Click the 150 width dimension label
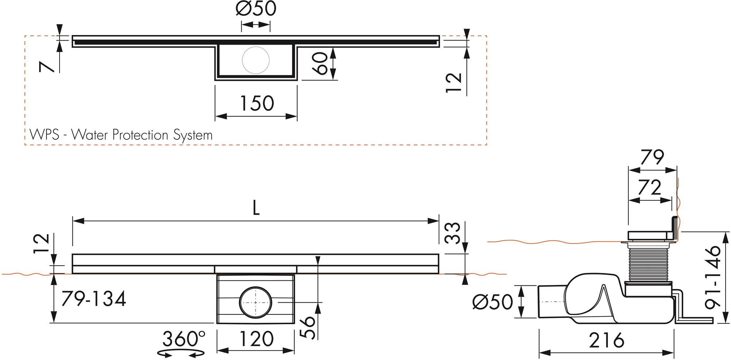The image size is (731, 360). (x=256, y=103)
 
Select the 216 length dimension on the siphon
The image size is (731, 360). (x=606, y=341)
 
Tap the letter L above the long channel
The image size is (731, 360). (x=256, y=209)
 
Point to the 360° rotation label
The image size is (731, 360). (x=184, y=339)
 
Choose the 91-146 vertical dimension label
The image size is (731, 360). (x=712, y=277)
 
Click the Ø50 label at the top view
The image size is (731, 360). (x=255, y=9)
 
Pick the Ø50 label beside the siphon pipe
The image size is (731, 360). (x=492, y=302)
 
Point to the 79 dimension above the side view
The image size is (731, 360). (x=652, y=158)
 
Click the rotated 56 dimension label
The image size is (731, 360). (x=308, y=327)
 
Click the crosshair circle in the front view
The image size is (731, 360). (x=256, y=302)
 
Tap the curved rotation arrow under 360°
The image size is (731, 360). (x=181, y=353)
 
